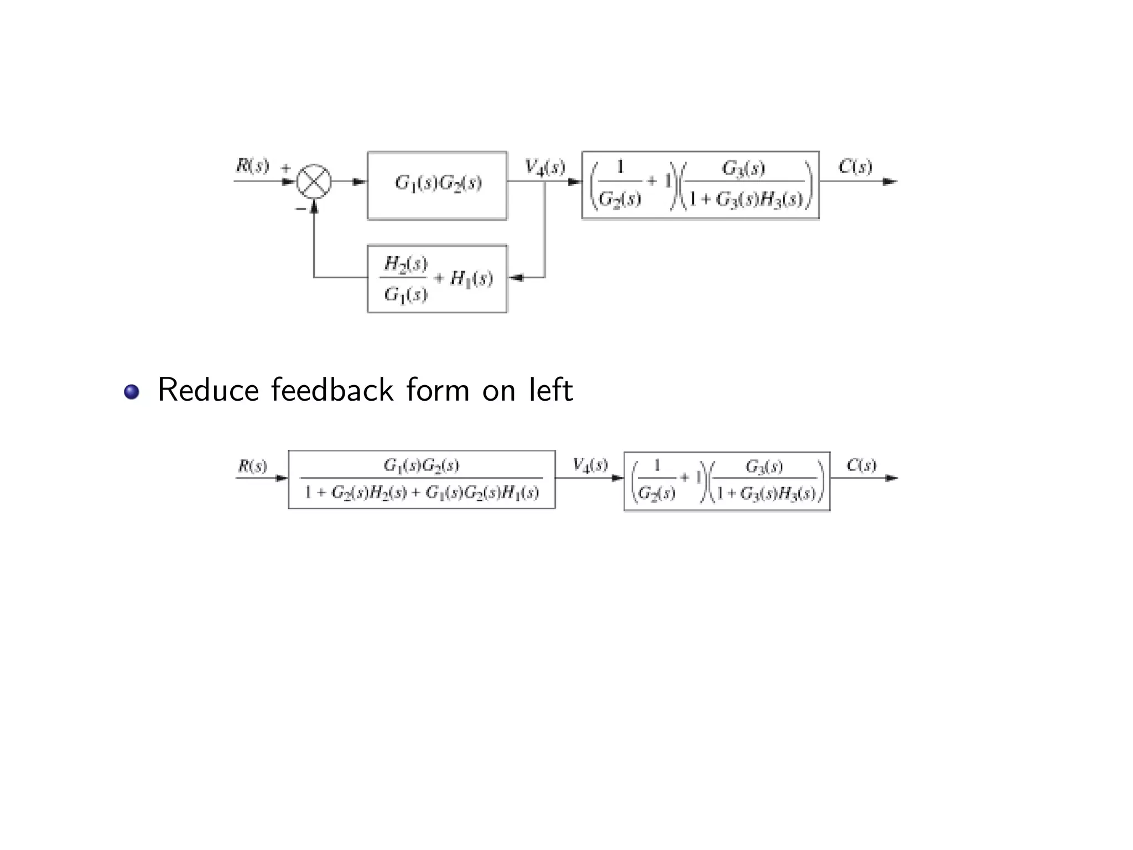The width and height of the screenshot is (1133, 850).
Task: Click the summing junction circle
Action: [x=314, y=182]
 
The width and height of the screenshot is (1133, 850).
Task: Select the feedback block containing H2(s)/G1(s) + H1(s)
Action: [x=437, y=278]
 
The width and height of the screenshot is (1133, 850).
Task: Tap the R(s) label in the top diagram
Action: [x=252, y=165]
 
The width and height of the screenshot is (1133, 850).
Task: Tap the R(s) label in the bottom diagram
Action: [x=252, y=466]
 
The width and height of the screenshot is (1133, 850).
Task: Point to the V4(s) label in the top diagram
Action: [x=545, y=167]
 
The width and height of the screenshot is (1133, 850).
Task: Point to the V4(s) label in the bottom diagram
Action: [x=590, y=465]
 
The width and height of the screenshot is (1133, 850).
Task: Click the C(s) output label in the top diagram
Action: [x=855, y=167]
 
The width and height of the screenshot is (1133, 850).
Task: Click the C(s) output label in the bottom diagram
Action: [x=861, y=465]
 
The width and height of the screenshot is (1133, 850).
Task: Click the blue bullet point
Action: [x=132, y=392]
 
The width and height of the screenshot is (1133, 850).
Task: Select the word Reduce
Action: [x=208, y=390]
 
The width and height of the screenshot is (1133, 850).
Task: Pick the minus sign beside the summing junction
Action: [x=300, y=209]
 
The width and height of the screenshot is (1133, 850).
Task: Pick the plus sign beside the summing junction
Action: [x=286, y=167]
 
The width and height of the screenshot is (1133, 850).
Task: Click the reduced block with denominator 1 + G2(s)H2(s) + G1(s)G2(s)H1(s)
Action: [x=422, y=479]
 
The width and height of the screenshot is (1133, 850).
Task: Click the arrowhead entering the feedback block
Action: [x=516, y=278]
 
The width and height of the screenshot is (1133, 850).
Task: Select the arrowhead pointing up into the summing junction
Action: [x=314, y=206]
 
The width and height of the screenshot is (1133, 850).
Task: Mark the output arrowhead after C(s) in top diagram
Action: [x=889, y=182]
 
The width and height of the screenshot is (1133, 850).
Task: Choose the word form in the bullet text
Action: [x=437, y=390]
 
